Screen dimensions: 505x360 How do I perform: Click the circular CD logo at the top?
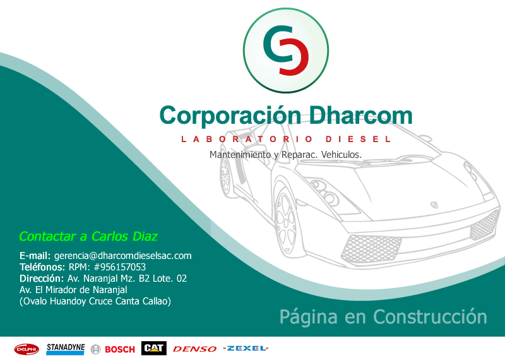(286, 51)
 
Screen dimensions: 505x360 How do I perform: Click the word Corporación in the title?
(230, 116)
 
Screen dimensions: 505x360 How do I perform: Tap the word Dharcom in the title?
(361, 115)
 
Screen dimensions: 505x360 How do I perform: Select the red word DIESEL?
(359, 139)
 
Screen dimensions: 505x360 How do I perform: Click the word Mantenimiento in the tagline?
(241, 155)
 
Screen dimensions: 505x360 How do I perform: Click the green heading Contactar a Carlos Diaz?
(88, 236)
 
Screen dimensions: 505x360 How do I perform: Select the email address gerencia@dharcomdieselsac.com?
(122, 256)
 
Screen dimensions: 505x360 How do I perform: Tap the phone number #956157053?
(119, 267)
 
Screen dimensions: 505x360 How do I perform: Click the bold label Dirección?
(42, 278)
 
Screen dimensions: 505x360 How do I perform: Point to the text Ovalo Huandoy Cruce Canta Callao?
(95, 301)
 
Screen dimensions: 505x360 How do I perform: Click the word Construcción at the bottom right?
(430, 316)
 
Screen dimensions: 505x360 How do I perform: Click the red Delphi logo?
(27, 349)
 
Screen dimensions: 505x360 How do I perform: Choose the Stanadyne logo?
(66, 349)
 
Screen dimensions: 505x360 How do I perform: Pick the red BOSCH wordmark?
(120, 349)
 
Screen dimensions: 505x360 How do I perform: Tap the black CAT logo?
(154, 348)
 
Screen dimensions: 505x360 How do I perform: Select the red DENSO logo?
(194, 349)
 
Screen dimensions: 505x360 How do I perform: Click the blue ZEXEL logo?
(246, 348)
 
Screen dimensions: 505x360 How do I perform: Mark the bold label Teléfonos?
(42, 267)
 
